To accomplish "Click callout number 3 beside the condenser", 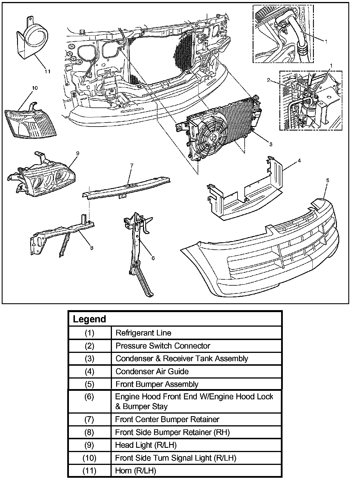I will point(270,145).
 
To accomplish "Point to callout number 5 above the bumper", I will point(328,180).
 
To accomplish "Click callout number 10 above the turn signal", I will point(34,88).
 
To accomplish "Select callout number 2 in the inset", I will point(269,80).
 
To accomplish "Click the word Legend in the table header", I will point(89,319).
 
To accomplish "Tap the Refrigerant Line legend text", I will point(143,333).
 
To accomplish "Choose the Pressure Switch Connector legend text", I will point(163,346).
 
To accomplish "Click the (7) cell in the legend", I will point(89,419).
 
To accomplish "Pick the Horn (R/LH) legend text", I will point(136,471).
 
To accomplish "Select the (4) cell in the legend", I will point(89,371).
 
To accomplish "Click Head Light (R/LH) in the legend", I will point(146,445).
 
